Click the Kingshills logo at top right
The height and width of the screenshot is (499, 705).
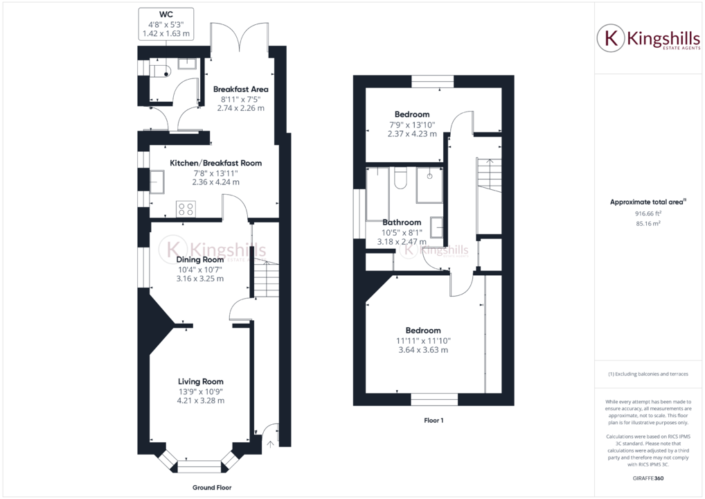649,39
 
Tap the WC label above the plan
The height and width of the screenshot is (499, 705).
166,13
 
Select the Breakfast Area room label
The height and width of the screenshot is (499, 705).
240,89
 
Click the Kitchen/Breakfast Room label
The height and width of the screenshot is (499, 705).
215,163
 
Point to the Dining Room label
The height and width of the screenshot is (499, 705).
199,259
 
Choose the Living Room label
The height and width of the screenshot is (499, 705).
200,381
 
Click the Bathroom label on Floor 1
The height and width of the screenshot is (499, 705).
402,222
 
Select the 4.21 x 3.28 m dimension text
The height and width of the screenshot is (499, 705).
200,401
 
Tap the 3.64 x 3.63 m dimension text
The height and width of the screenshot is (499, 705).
422,350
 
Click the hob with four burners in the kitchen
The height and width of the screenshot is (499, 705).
186,208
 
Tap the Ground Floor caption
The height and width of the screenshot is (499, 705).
211,487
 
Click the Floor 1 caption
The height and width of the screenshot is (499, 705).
433,420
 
